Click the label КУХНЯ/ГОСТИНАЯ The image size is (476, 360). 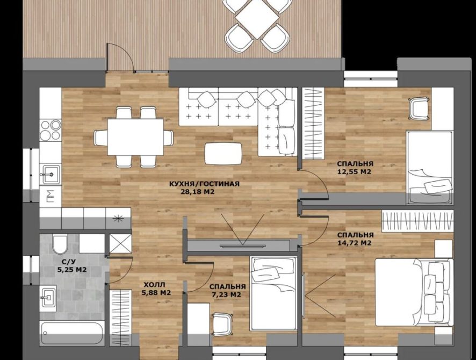[x=204, y=184]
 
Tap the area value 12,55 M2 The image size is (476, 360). [x=354, y=172]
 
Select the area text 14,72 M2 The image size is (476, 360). [x=354, y=243]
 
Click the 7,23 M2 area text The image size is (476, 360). [x=227, y=294]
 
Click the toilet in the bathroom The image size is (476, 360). [x=60, y=244]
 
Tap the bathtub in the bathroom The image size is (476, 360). [x=73, y=333]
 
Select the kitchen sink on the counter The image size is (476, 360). [x=51, y=174]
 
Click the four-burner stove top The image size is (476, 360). [x=51, y=129]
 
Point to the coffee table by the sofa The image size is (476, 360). [x=223, y=153]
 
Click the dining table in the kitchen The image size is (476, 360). [x=136, y=137]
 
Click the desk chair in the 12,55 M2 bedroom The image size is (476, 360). [x=419, y=109]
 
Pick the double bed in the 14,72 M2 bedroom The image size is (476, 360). [x=414, y=292]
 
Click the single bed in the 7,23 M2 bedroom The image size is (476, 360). [x=273, y=293]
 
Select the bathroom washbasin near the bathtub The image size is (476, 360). [x=48, y=298]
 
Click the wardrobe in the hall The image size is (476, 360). [x=120, y=318]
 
